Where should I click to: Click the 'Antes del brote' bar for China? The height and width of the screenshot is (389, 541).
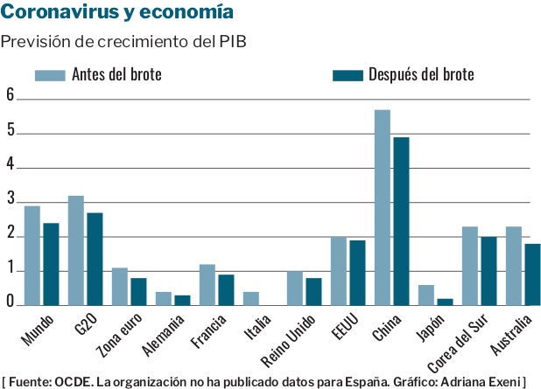tap(383, 207)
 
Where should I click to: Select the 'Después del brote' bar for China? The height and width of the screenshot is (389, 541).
tap(401, 221)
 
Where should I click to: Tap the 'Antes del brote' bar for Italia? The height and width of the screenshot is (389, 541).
tap(251, 298)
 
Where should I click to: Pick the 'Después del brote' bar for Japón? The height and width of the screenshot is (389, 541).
tap(445, 302)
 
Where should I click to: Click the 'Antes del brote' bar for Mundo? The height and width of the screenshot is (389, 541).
tap(32, 255)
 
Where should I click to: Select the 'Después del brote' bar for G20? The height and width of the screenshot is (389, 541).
tap(95, 259)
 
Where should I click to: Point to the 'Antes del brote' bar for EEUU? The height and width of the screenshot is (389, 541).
tap(339, 271)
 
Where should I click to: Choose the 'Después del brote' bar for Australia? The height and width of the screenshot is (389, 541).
tap(532, 274)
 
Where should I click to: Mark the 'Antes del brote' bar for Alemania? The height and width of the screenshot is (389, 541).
tap(164, 298)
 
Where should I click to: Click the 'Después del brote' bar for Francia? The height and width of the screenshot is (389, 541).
tap(226, 289)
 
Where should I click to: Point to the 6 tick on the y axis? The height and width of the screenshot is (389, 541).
tap(11, 96)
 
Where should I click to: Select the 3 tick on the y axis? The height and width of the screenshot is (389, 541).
tap(11, 201)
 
